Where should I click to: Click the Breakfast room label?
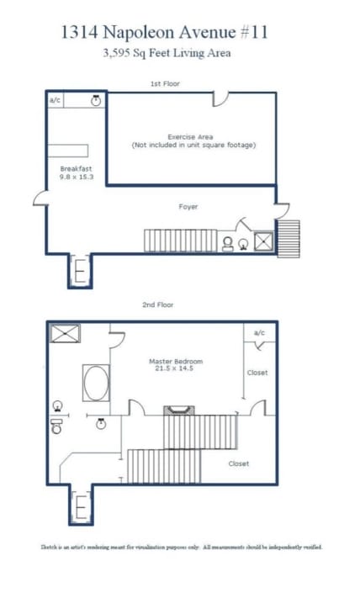tap(76, 169)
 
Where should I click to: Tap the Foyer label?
tap(188, 207)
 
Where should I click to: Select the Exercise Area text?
tap(190, 137)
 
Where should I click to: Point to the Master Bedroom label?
tap(176, 361)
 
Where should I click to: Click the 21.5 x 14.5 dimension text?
tap(174, 368)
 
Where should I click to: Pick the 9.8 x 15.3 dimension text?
tap(77, 177)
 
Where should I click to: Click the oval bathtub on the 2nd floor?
tap(96, 383)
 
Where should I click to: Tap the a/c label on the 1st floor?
tap(55, 100)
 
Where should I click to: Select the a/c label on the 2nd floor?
tap(259, 333)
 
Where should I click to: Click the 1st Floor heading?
tap(165, 83)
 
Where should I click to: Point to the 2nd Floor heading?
tap(158, 304)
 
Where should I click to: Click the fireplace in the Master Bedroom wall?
tap(179, 410)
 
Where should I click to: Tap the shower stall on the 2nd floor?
tap(66, 334)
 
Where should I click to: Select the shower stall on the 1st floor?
tap(263, 241)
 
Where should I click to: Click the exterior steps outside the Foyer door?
tap(289, 239)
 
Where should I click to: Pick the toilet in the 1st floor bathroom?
tap(228, 244)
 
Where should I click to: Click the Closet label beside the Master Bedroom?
tap(257, 373)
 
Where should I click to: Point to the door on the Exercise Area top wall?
tap(221, 99)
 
